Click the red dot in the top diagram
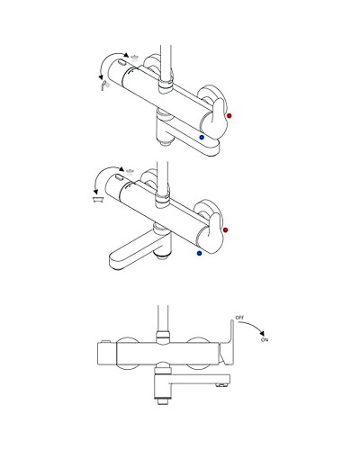(x=229, y=115)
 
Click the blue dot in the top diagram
(x=202, y=137)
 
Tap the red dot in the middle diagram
(x=226, y=230)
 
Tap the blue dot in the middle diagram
(x=199, y=254)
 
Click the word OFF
(x=239, y=318)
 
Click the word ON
(x=265, y=340)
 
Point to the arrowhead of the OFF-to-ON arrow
(x=262, y=333)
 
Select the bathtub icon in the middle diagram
(x=98, y=200)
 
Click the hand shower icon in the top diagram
(x=105, y=85)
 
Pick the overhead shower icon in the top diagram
(x=135, y=57)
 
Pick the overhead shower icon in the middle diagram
(x=130, y=172)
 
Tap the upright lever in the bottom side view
(x=229, y=342)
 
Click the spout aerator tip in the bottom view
(x=221, y=385)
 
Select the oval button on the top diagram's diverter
(x=121, y=63)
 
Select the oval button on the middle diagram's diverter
(x=119, y=177)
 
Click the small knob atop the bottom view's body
(x=105, y=341)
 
